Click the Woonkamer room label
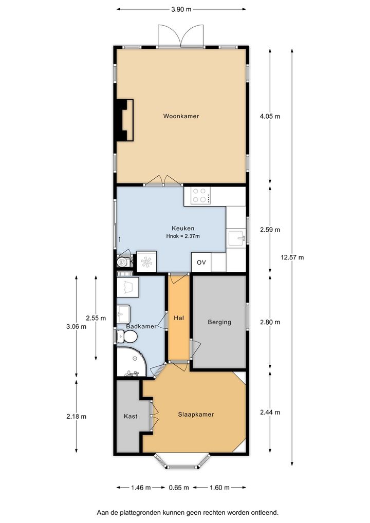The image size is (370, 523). (181, 116)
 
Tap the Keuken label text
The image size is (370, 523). (183, 229)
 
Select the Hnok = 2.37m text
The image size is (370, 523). (183, 236)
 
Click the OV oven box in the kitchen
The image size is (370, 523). (201, 262)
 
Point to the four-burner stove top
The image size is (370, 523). (200, 196)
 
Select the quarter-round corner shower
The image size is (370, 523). (132, 362)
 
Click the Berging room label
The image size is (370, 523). (219, 322)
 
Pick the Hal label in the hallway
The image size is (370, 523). (179, 318)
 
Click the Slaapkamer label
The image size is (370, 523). (196, 414)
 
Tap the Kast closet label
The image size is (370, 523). (131, 416)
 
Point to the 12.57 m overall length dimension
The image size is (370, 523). (292, 257)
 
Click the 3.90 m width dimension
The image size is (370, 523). (181, 9)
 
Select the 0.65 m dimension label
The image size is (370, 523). (179, 488)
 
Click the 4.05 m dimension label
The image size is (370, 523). (270, 117)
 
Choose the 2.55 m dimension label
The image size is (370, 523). (96, 318)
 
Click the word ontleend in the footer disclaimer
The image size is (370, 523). (265, 512)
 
